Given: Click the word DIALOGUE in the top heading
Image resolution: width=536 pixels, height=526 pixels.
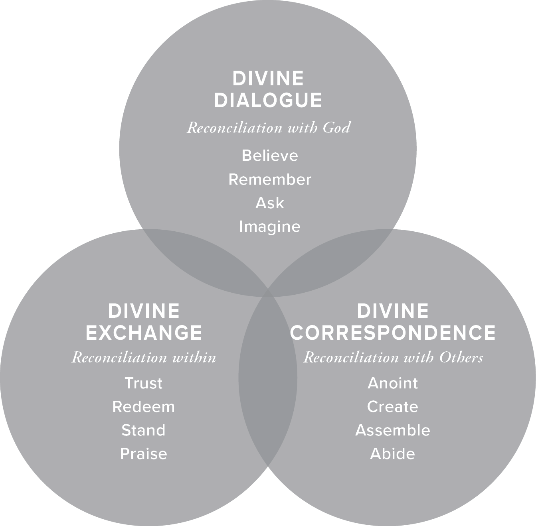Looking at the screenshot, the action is (268, 100).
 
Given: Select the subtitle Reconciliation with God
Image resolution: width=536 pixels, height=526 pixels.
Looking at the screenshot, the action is (269, 128).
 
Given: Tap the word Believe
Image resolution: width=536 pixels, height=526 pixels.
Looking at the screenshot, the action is (270, 155).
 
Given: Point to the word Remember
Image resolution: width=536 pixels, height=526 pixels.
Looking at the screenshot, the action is (270, 179).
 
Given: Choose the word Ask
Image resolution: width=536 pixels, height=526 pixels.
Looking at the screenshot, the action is (270, 203).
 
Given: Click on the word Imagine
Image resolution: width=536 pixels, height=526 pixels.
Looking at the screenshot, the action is (270, 227).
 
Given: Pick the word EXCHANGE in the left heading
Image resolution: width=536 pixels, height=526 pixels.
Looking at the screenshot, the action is (144, 333).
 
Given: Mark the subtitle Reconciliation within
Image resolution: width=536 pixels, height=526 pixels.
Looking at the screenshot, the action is (144, 357).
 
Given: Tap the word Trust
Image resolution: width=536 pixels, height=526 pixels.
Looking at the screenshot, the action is (144, 383).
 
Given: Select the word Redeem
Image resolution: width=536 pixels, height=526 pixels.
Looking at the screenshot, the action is (144, 407).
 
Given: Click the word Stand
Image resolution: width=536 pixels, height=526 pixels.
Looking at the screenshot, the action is (144, 430).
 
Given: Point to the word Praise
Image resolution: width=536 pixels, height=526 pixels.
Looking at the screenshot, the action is (144, 454).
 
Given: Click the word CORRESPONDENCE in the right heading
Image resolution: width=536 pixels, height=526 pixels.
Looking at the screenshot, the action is (393, 333).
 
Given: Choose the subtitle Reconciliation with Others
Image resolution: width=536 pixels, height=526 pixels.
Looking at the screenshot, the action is (393, 357).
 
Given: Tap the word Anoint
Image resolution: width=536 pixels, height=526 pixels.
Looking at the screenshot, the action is (393, 383).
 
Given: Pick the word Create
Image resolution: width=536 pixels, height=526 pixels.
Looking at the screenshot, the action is (393, 407).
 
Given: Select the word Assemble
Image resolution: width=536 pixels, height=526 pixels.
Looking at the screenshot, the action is (393, 430).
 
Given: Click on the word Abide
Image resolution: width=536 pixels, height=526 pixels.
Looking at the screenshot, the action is (393, 454).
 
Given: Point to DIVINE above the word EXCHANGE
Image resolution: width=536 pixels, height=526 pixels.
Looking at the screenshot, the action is (144, 311).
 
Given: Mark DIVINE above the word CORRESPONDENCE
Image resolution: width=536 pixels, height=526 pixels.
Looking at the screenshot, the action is (393, 311).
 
